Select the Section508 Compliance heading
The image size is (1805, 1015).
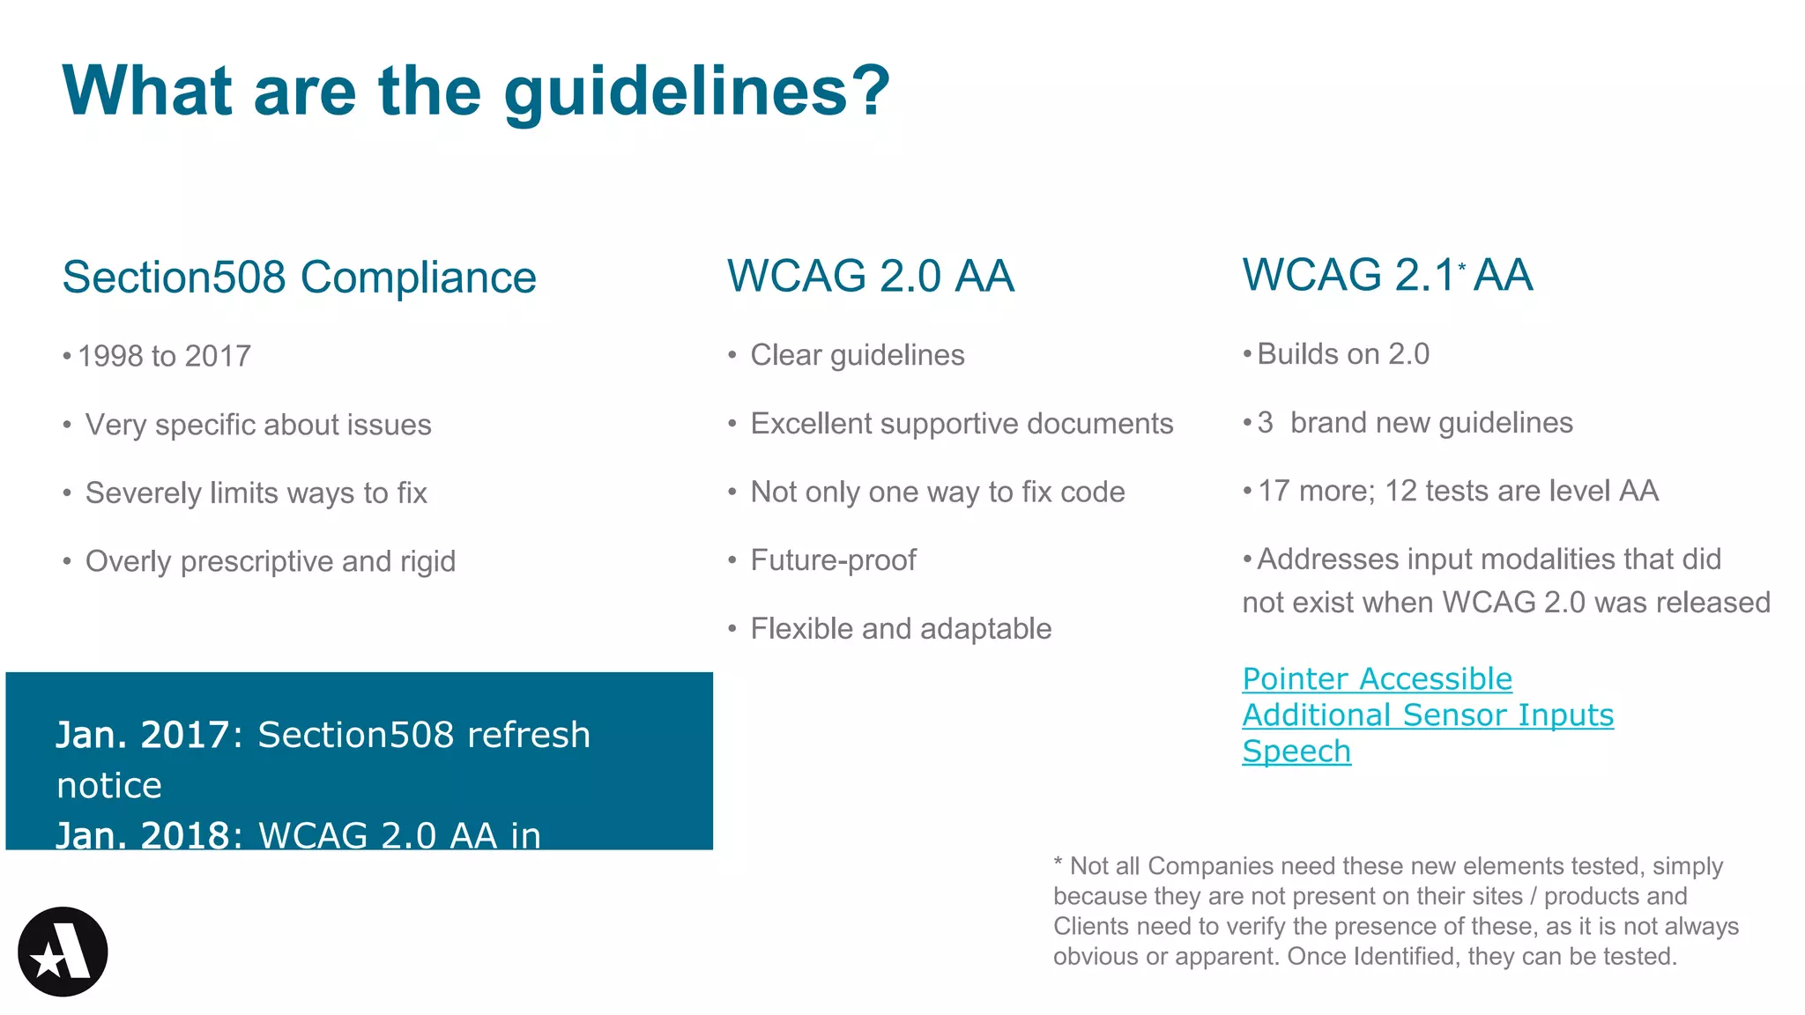(x=299, y=278)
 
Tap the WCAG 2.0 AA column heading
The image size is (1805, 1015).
(x=870, y=276)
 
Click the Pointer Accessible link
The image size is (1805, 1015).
(x=1377, y=679)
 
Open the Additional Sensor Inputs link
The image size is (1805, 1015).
(x=1428, y=715)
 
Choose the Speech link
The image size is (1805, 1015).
(x=1296, y=752)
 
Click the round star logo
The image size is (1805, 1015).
(x=63, y=952)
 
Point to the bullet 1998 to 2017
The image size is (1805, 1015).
(x=164, y=356)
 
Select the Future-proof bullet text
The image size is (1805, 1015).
(x=833, y=560)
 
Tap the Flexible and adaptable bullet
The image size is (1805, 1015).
(x=901, y=629)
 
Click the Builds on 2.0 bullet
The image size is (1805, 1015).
(x=1343, y=354)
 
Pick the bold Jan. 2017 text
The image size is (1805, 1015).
(x=142, y=735)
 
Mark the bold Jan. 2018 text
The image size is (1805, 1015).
(x=142, y=835)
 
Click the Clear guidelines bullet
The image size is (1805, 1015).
(x=858, y=355)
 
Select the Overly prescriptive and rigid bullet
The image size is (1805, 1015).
(x=271, y=561)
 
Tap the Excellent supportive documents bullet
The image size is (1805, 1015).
(x=962, y=424)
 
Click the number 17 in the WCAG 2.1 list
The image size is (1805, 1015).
(x=1274, y=491)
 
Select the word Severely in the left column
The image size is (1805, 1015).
(x=144, y=493)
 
